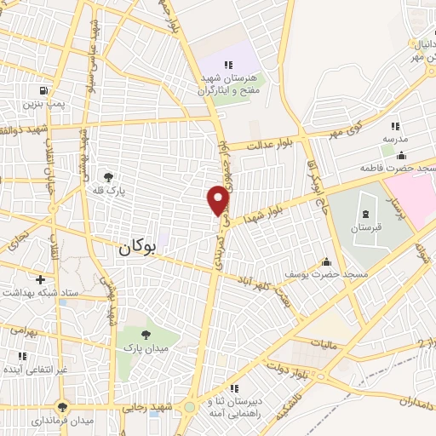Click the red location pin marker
tap(219, 199)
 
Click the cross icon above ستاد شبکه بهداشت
tap(40, 278)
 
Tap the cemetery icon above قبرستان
tap(364, 211)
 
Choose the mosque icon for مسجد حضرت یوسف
tap(325, 261)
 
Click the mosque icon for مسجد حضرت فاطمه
tap(401, 156)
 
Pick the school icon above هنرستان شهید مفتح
tap(228, 65)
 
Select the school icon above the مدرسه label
tap(395, 126)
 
